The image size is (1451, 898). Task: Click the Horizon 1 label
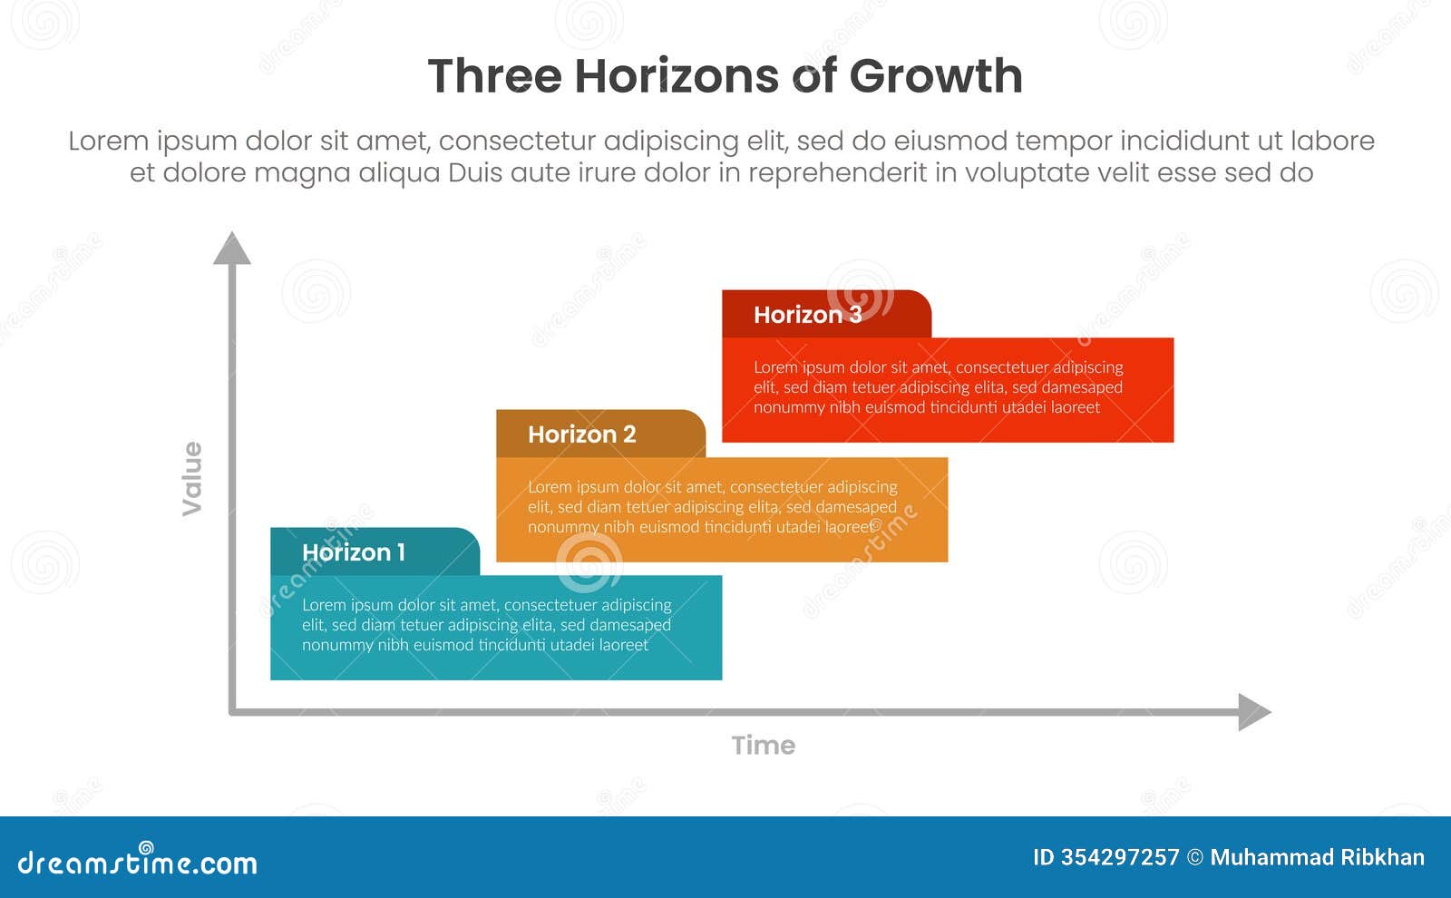coord(354,552)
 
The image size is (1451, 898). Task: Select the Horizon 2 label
coord(582,434)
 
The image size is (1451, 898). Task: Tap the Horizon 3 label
coord(807,315)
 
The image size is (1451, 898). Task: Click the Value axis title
coord(192,478)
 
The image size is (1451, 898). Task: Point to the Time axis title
coord(764,746)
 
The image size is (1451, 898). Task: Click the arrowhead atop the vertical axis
coord(232,249)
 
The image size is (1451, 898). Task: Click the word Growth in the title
coord(936,76)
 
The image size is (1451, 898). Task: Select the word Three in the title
coord(495,76)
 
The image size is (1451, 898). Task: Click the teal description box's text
coord(486,625)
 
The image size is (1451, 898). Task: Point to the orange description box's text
coord(712,507)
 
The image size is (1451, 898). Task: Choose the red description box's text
coord(938,387)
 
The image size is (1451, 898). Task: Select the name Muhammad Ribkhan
coord(1318,857)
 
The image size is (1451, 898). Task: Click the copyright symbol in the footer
coord(1195,858)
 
